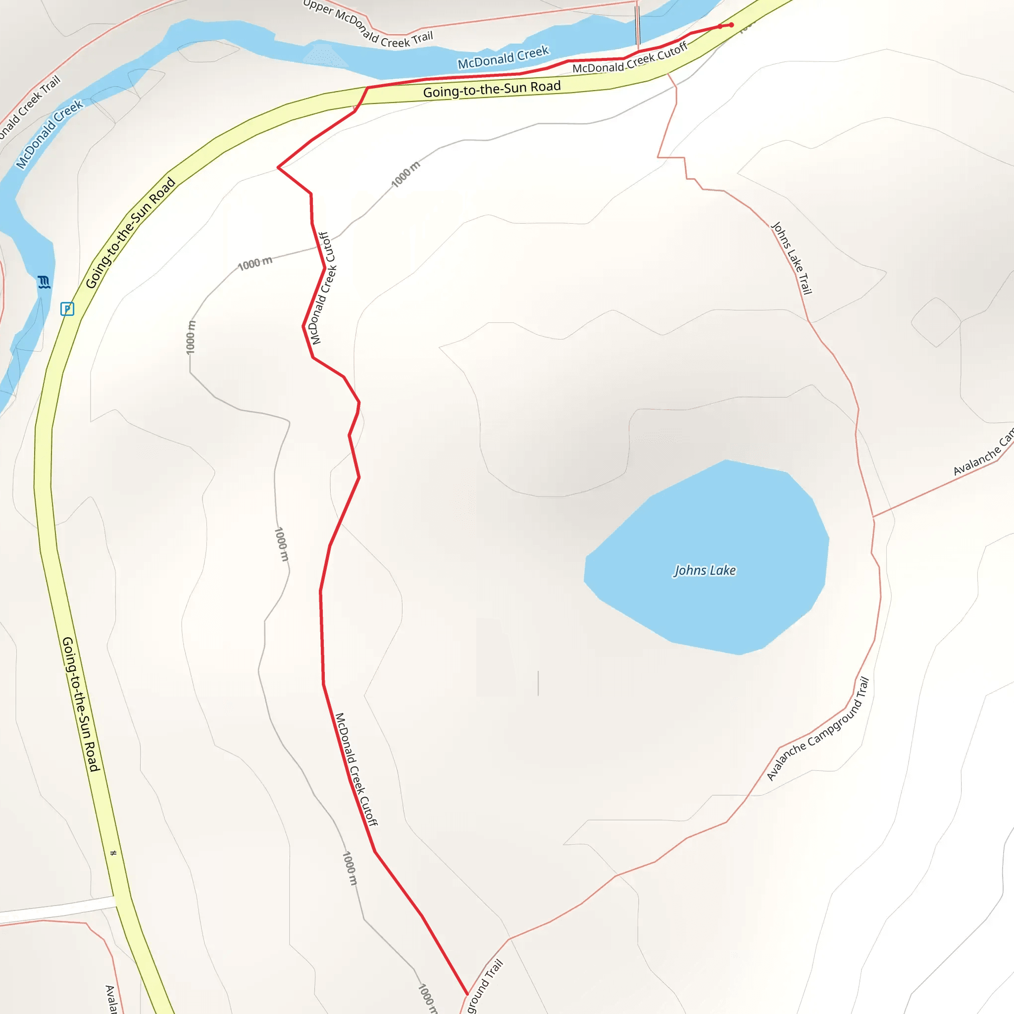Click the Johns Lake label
pos(705,570)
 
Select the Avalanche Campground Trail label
pos(817,729)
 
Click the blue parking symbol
pos(67,308)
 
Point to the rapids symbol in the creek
pos(44,282)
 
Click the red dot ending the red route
pos(731,25)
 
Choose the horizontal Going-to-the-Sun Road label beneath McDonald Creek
pos(492,89)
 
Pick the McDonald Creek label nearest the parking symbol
pos(50,134)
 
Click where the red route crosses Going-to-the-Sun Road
pos(362,97)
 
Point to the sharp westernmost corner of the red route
pos(278,168)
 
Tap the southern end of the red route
pos(466,994)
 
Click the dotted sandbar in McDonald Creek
pos(325,55)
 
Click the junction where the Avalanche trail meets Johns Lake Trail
pos(873,517)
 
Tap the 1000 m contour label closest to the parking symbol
pos(191,337)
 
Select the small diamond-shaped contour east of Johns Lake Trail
pos(936,322)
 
